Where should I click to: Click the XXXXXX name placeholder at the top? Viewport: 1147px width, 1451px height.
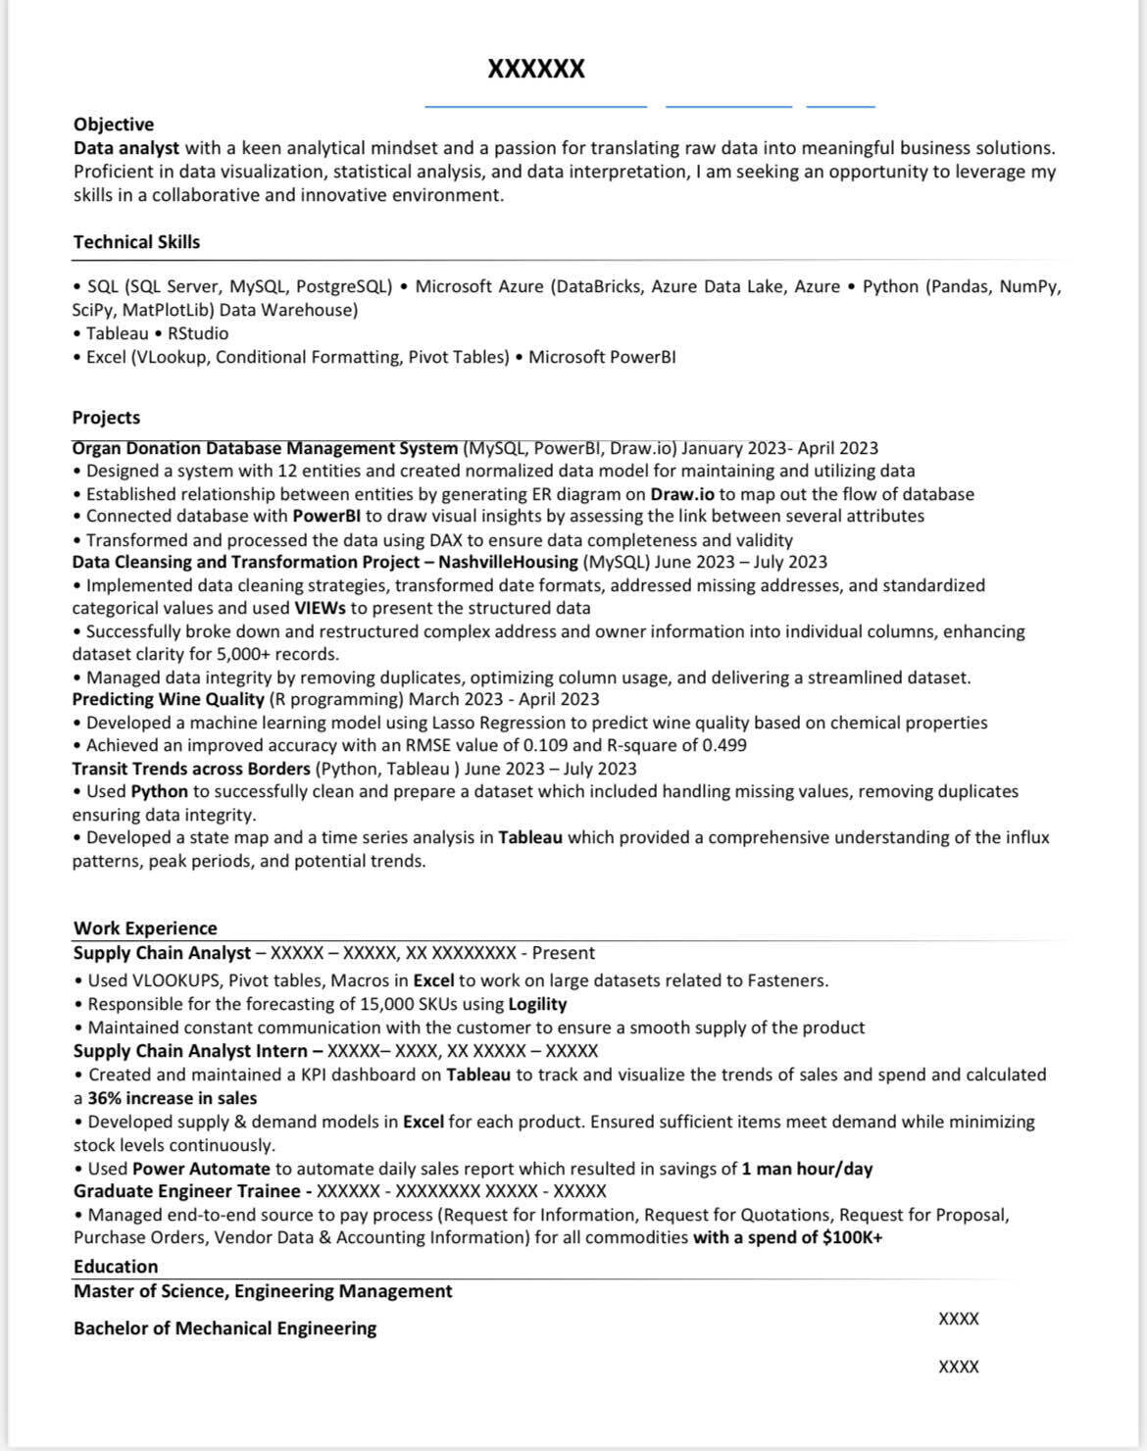click(x=536, y=69)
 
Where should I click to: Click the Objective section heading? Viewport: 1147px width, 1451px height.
click(x=114, y=125)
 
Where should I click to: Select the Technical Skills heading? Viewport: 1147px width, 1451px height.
click(x=136, y=242)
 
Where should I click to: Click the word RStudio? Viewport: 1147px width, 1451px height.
click(x=198, y=333)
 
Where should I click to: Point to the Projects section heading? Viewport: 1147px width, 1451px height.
click(x=106, y=418)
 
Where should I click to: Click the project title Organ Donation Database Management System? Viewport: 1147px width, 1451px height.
click(x=265, y=448)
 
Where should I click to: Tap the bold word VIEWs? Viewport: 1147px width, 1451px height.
click(x=320, y=608)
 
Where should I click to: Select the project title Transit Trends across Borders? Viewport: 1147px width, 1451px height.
click(x=191, y=769)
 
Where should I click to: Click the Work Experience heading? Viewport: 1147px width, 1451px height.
click(x=145, y=928)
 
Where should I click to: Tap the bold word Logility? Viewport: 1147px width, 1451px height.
click(x=537, y=1004)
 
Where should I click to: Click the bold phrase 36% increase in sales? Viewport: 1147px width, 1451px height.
click(x=173, y=1098)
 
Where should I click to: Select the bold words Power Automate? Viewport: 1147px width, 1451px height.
click(x=201, y=1169)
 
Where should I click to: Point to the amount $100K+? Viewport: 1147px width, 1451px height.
click(x=852, y=1237)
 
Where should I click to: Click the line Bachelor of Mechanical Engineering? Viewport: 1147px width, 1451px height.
click(x=224, y=1328)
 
